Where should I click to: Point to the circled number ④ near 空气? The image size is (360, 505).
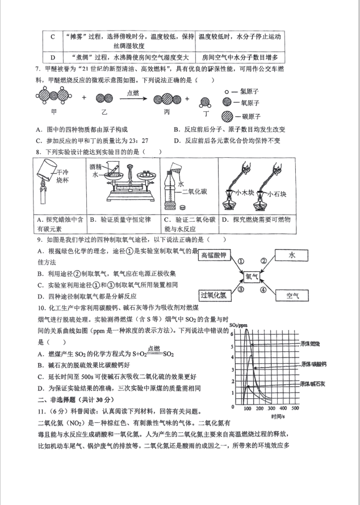263,289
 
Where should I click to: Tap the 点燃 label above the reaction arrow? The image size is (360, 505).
132,92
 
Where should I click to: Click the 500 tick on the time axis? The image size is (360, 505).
295,408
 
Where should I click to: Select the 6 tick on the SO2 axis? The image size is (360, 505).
232,333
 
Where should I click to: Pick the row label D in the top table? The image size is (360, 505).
52,57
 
